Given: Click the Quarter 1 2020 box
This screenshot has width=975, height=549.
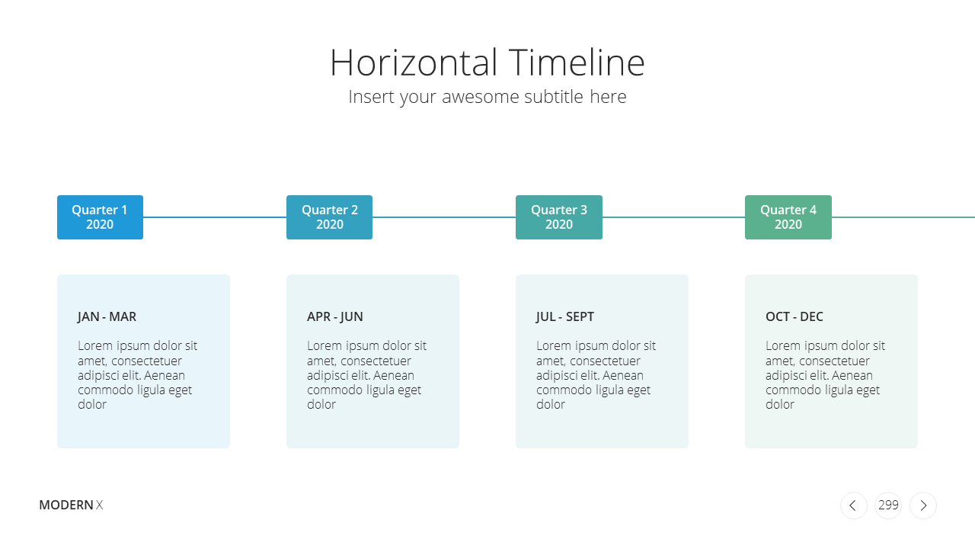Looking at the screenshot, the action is [x=100, y=217].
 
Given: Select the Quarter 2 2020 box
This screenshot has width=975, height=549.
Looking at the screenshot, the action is [x=330, y=217].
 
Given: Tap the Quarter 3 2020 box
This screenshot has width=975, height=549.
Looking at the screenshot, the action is [x=559, y=217].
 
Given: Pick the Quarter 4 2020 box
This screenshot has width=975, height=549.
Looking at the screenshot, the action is [x=788, y=217].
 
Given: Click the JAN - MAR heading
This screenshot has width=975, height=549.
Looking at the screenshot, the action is [x=107, y=316].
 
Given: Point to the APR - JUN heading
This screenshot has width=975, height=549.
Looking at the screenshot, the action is [x=334, y=316].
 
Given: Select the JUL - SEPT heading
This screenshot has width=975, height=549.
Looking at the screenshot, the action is [x=565, y=316].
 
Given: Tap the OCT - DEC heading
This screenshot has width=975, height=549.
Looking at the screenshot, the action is [x=794, y=316].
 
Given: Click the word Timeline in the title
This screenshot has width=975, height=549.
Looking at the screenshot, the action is [x=577, y=63].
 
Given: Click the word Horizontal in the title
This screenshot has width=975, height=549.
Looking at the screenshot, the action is [x=414, y=63].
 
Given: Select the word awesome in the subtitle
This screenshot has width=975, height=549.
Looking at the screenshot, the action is [x=481, y=97].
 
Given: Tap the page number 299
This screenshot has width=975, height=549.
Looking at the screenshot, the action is [x=888, y=505].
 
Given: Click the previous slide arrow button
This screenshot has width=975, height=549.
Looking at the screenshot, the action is [x=854, y=506].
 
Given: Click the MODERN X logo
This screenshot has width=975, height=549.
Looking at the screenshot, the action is [x=71, y=505].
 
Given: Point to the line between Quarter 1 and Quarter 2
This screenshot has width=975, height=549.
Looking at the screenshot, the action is [x=215, y=217].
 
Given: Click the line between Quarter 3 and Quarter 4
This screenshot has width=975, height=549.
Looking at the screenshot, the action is [x=674, y=217].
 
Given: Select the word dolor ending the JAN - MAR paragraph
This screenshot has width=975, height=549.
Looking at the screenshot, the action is [x=92, y=404].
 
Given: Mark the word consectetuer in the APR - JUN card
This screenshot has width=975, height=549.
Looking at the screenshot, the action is [x=376, y=361].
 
